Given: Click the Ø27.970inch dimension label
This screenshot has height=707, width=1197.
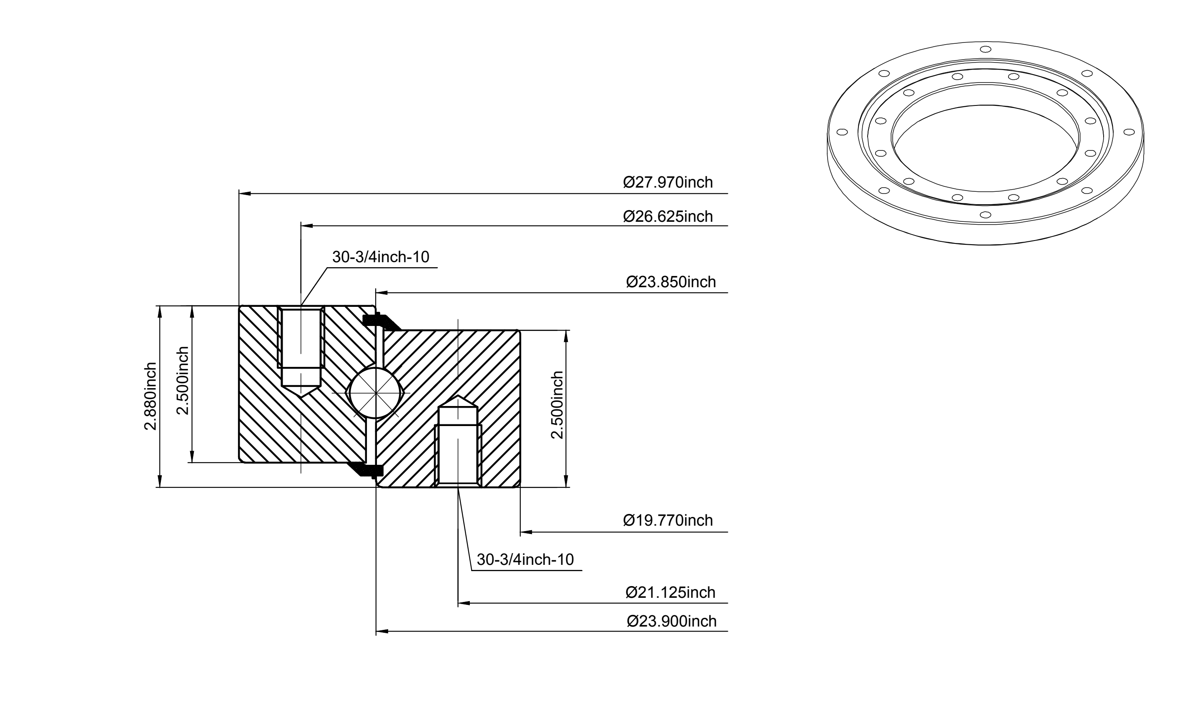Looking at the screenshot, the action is click(x=668, y=183).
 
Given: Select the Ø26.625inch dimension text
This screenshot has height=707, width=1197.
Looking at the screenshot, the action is click(x=668, y=216).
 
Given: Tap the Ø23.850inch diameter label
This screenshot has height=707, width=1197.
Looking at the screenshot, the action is click(x=671, y=282).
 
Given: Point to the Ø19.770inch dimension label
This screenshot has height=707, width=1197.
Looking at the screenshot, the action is click(x=668, y=520).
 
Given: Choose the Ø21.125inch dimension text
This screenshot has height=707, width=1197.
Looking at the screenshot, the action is click(x=670, y=593).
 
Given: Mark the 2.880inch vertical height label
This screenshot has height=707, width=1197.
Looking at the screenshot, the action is click(x=151, y=396).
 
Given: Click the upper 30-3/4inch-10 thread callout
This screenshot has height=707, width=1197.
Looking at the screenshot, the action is click(x=381, y=257).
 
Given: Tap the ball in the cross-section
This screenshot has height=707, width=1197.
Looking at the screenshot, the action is click(x=376, y=393).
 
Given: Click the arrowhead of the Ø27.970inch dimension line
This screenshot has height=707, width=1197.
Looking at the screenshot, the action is click(x=244, y=194).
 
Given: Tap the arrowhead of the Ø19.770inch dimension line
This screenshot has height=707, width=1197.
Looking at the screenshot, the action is click(x=526, y=532).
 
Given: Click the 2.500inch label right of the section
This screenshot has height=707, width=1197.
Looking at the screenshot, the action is click(x=557, y=405).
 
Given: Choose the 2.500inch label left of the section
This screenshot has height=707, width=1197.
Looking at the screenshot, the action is click(x=183, y=380).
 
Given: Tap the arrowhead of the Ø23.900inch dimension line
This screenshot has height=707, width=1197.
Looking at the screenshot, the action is click(x=382, y=632).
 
